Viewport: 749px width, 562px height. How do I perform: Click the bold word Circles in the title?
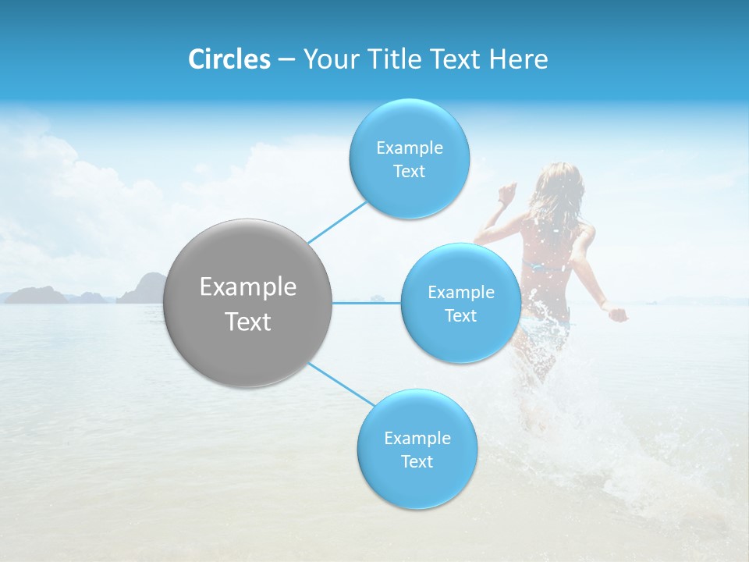pos(229,59)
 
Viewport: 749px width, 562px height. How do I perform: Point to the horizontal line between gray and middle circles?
pos(367,303)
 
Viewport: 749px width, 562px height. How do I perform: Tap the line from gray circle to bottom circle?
pos(341,383)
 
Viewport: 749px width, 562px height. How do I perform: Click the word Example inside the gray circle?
pos(247,287)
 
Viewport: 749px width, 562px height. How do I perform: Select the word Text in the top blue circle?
pos(409,172)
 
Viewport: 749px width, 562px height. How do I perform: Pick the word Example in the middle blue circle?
pos(460,293)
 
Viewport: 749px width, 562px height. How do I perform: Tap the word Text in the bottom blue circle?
pos(417,461)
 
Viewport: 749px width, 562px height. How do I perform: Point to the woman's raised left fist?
pos(509,191)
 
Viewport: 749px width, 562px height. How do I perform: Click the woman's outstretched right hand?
pos(618,314)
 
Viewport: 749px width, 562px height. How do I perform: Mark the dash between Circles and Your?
pos(286,59)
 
